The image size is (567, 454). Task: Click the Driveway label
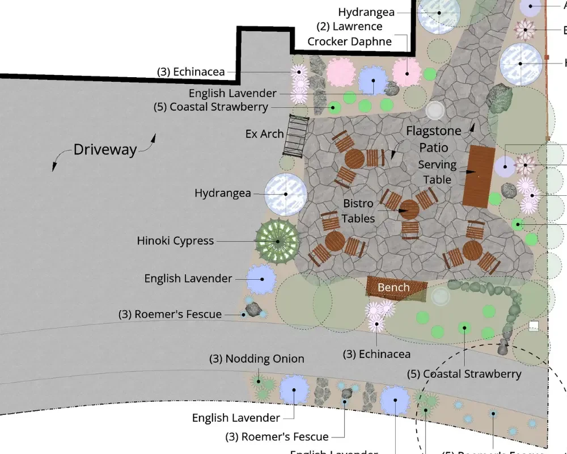pos(105,150)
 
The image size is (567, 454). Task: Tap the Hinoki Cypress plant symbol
pos(277,241)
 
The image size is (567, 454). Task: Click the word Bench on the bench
pos(393,287)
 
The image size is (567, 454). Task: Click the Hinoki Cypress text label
pos(175,241)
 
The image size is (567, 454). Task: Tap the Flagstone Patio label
pos(434,140)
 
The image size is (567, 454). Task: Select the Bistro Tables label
pos(358,211)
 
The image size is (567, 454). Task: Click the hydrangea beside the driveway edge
pos(286,194)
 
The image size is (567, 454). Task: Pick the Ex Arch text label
pos(264,134)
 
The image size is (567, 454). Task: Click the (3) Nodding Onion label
pos(257,359)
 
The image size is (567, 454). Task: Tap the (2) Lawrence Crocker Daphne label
pos(349,33)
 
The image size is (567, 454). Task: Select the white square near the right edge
pos(533,326)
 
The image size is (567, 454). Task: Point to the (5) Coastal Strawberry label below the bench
pos(464,375)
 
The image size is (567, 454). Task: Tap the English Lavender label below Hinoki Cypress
pos(188,279)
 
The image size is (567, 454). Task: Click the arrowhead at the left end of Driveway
pos(55,167)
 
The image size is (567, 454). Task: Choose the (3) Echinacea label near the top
pos(191,72)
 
